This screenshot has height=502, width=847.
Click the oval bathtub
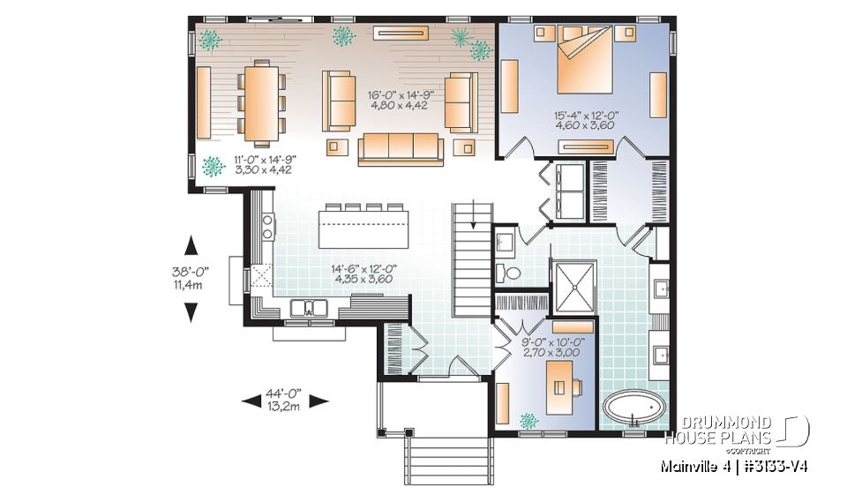[635, 409]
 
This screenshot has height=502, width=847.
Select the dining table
[259, 101]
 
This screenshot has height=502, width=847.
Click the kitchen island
[364, 229]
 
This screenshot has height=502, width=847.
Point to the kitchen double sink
[310, 308]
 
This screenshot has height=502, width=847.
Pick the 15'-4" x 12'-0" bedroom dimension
[584, 119]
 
